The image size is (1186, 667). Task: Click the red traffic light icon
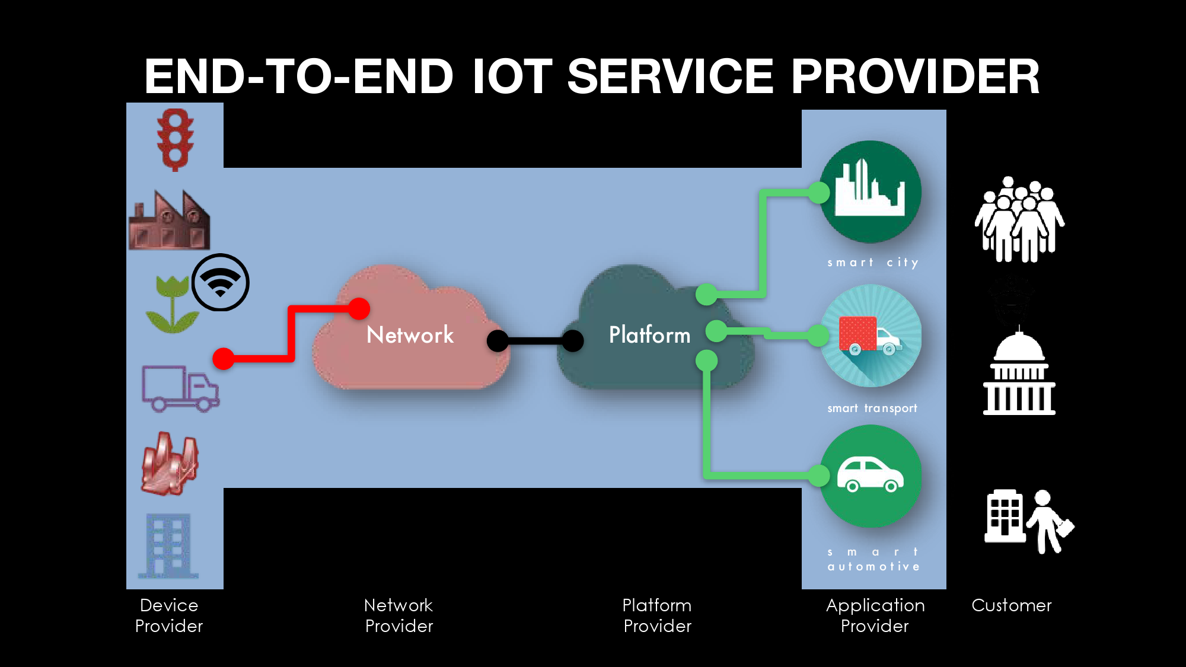[x=175, y=140]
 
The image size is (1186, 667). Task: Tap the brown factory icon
[x=170, y=221]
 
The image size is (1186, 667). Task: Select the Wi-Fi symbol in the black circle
[x=220, y=282]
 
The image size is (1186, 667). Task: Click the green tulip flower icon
[x=172, y=304]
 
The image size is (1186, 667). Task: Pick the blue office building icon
[x=169, y=545]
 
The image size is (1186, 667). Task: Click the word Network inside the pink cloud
[x=410, y=335]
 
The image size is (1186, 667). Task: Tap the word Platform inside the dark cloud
[x=649, y=335]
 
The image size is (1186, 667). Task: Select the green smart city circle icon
[x=871, y=192]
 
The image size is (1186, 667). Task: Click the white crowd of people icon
[x=1019, y=220]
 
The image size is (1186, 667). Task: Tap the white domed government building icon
[x=1019, y=374]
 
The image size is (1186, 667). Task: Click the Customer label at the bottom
[x=1011, y=605]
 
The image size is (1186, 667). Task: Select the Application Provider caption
[x=875, y=615]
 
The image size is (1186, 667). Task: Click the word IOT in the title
[x=512, y=76]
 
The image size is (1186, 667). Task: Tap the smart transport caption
[x=872, y=408]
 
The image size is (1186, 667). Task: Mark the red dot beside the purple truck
[x=224, y=359]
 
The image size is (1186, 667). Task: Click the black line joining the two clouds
[x=535, y=341]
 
